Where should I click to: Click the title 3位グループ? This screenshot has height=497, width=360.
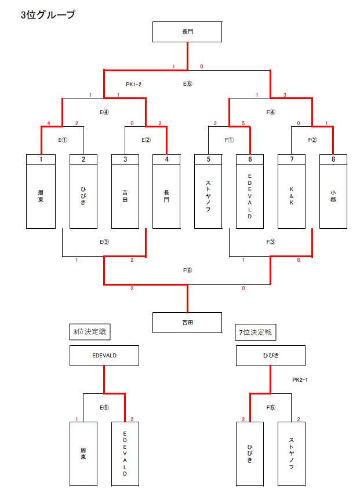point(48,16)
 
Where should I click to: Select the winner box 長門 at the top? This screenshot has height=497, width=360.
point(187,32)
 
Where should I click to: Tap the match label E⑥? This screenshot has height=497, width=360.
point(187,84)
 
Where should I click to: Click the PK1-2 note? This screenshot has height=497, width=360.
point(134,85)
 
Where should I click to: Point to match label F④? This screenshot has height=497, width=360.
point(271,112)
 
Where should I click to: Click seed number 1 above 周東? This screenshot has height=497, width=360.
point(41,159)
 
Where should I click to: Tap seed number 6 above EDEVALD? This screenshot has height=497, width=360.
point(250,159)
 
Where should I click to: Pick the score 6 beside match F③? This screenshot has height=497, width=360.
point(299,260)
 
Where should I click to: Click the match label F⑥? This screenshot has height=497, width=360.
point(187,270)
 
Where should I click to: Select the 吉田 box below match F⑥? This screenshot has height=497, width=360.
point(187,323)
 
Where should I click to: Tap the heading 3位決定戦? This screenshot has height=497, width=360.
point(90,332)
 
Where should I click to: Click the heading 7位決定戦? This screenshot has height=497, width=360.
point(257,332)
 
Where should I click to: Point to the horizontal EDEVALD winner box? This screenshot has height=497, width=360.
point(104,356)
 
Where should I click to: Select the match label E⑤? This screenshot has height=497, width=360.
point(104,407)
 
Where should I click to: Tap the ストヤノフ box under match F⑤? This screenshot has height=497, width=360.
point(292,454)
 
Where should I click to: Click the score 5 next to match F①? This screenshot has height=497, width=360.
point(243,123)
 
